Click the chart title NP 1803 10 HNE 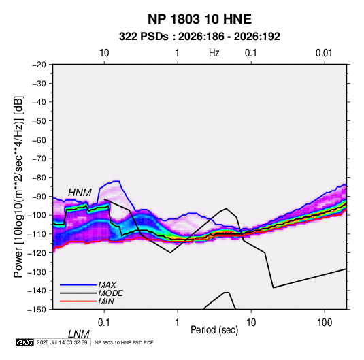click(x=199, y=19)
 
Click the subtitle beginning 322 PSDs click(x=199, y=37)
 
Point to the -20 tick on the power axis click(x=39, y=65)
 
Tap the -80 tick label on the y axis click(x=39, y=178)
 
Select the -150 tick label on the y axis click(x=37, y=310)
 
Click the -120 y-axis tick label click(x=37, y=253)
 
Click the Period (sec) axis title click(x=214, y=330)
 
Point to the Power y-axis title click(x=18, y=186)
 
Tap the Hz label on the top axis click(x=214, y=53)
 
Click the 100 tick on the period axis click(x=325, y=323)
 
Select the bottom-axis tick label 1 click(x=178, y=323)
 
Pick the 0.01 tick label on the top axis click(x=324, y=53)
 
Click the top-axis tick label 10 click(x=104, y=53)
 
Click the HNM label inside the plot click(x=80, y=193)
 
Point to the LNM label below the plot click(x=79, y=334)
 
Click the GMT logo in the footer click(x=25, y=342)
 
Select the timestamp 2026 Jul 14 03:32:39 click(x=62, y=342)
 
